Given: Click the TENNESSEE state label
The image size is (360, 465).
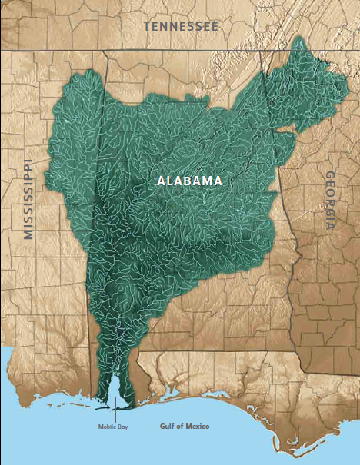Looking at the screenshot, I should point(181,26).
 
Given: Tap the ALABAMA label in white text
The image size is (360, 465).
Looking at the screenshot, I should point(189,181).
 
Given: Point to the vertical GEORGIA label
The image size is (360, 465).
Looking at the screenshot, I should point(328,201).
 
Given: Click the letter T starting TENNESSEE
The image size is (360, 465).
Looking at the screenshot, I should point(147,26).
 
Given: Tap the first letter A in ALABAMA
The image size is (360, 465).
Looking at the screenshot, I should point(161,181).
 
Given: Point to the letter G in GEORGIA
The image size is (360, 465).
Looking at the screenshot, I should point(329,177).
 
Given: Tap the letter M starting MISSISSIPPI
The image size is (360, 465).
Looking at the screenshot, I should point(29,234).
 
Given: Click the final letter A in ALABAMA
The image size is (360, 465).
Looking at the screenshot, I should point(218,181).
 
